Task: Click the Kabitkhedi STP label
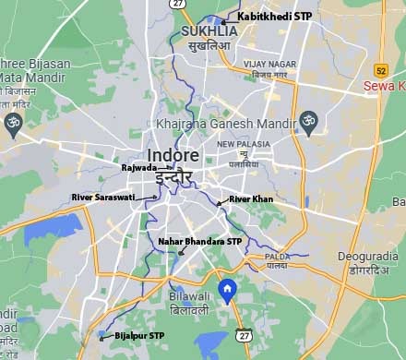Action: [x=274, y=17]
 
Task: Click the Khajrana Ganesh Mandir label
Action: [x=224, y=125]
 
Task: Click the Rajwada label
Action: [x=138, y=168]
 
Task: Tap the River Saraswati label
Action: [x=102, y=198]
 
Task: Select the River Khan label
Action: [x=251, y=199]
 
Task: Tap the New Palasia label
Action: [x=244, y=145]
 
